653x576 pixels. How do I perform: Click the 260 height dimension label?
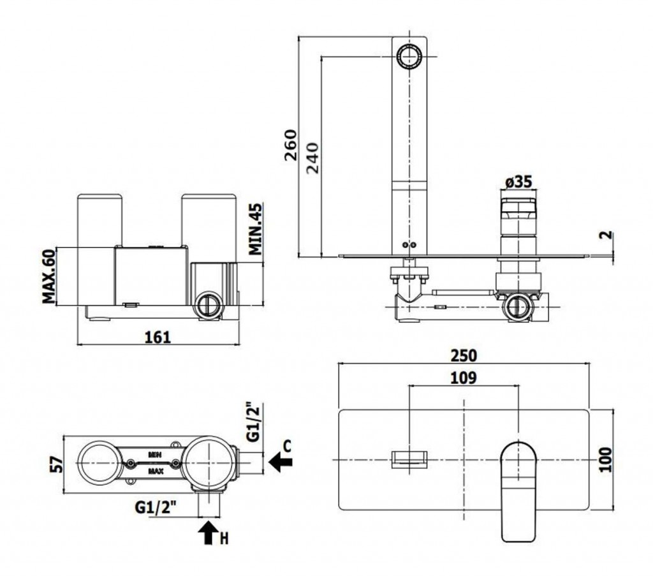[290, 147]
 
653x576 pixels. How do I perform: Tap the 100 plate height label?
[606, 459]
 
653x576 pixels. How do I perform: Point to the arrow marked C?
[279, 461]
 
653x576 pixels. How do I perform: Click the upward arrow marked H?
[208, 532]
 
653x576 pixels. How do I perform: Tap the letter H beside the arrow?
[224, 539]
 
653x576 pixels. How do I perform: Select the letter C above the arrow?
[287, 445]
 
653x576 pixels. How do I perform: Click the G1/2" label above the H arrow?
[156, 508]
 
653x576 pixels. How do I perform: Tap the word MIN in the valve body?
[154, 454]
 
